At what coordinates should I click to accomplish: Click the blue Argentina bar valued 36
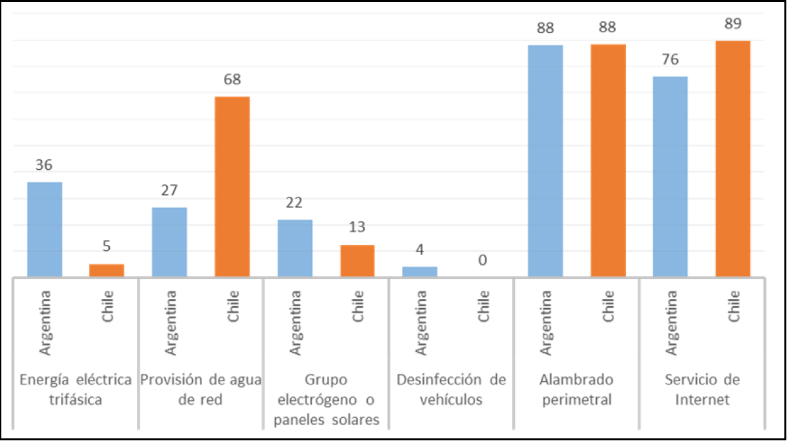tap(44, 229)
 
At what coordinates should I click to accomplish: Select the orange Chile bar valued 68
tap(232, 186)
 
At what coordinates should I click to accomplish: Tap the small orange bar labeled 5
tap(107, 270)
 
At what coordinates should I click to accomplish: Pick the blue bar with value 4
tap(420, 271)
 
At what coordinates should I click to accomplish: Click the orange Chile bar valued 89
tap(733, 159)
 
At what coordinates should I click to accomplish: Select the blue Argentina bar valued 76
tap(670, 176)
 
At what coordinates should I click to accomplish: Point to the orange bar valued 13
tap(357, 261)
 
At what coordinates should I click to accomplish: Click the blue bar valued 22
tap(295, 248)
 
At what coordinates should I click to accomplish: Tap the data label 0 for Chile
tap(482, 261)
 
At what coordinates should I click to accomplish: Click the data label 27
tap(169, 191)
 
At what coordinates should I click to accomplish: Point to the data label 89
tap(733, 24)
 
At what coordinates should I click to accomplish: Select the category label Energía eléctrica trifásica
tap(75, 390)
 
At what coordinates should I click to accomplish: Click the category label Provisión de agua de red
tap(201, 390)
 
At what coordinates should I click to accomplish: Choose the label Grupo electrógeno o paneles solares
tap(326, 400)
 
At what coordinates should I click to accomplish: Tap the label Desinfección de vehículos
tap(451, 390)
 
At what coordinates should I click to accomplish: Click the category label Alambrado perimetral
tap(576, 390)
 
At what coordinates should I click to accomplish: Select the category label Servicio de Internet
tap(701, 390)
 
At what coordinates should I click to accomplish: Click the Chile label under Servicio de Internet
tap(734, 306)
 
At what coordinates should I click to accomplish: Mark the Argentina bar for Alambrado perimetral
tap(546, 161)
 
